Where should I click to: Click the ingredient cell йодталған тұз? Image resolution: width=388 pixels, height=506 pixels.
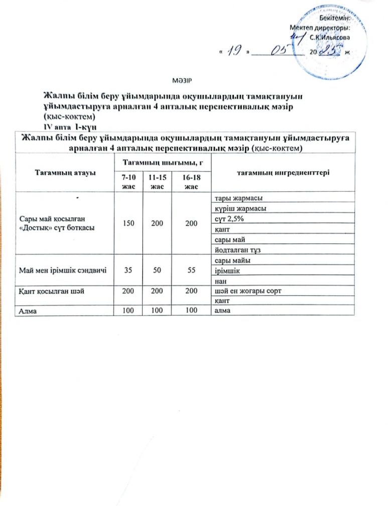(x=236, y=250)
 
